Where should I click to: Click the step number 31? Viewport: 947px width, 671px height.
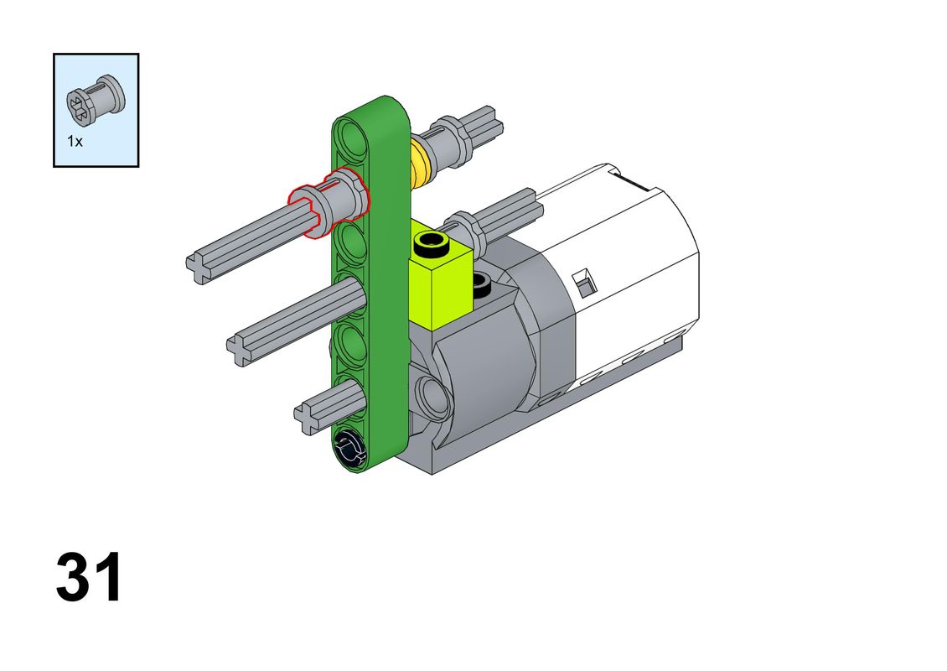89,577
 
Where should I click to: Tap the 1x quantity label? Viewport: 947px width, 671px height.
75,142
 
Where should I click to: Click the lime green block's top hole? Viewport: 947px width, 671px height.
431,243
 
